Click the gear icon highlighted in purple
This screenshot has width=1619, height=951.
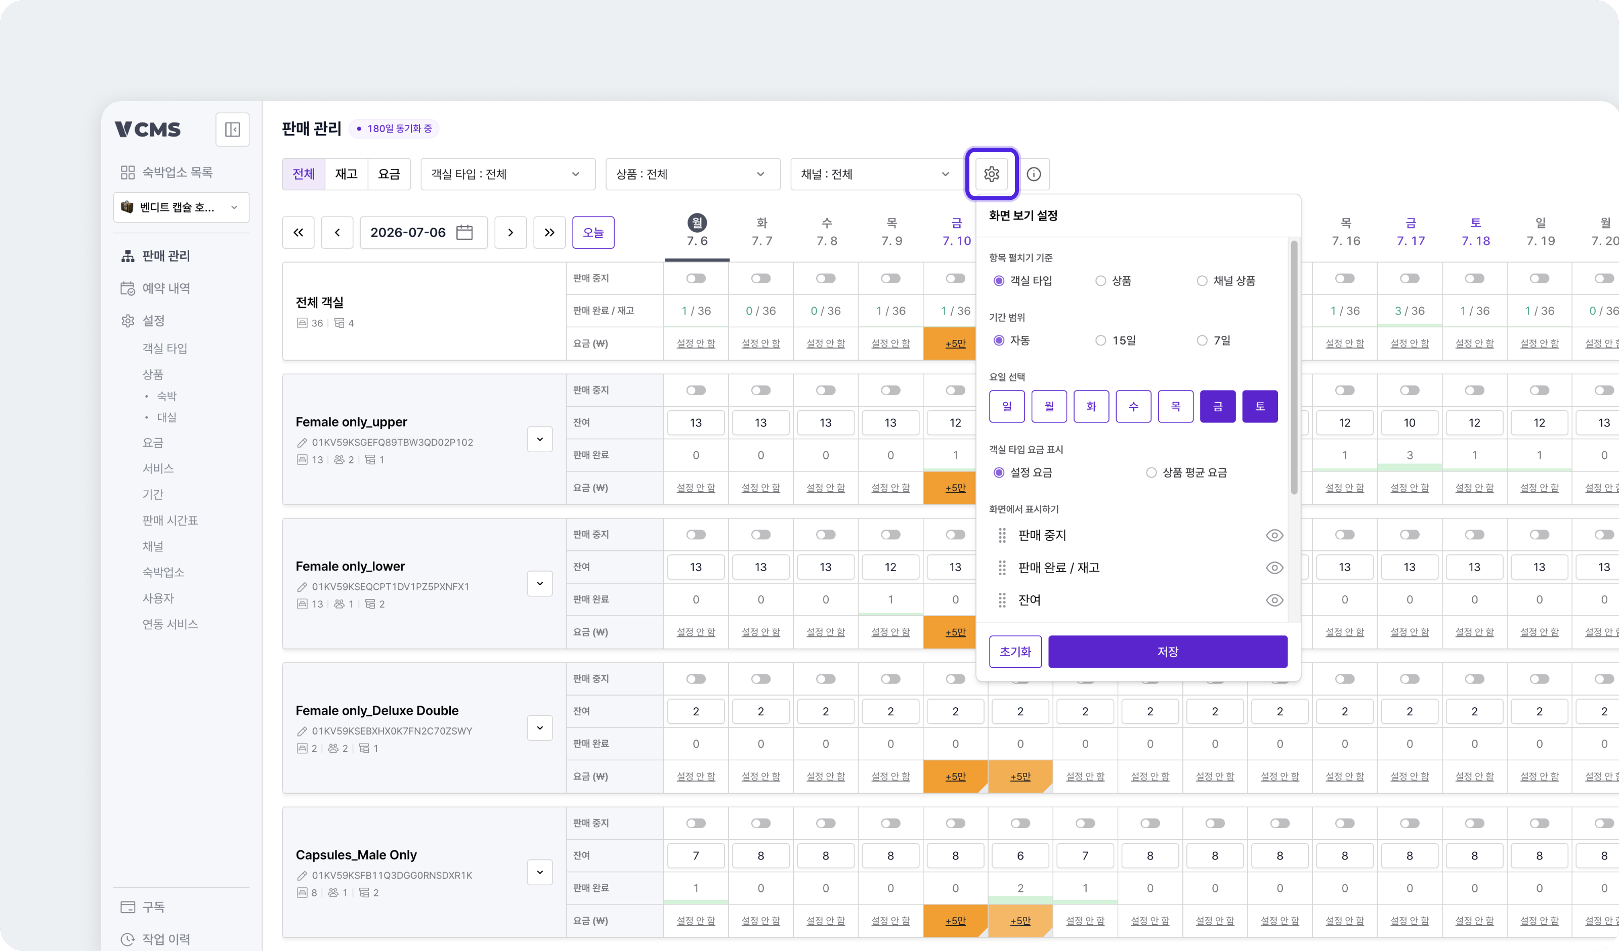[x=991, y=174]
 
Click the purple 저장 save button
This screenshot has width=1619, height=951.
[x=1167, y=652]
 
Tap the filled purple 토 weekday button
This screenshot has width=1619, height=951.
[x=1260, y=406]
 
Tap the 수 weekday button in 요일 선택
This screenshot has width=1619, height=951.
[x=1133, y=406]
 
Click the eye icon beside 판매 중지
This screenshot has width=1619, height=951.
[x=1274, y=535]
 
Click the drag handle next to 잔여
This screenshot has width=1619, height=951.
[x=1002, y=600]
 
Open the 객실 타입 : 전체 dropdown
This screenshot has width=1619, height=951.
[x=507, y=174]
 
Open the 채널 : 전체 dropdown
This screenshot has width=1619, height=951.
[x=875, y=174]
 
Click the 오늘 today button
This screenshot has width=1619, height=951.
[x=593, y=233]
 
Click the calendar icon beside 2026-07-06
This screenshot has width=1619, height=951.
[x=464, y=233]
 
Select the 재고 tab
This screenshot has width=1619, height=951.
[x=346, y=174]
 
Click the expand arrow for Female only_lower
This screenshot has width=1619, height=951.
[x=540, y=583]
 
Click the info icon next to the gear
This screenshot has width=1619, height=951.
[x=1034, y=174]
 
